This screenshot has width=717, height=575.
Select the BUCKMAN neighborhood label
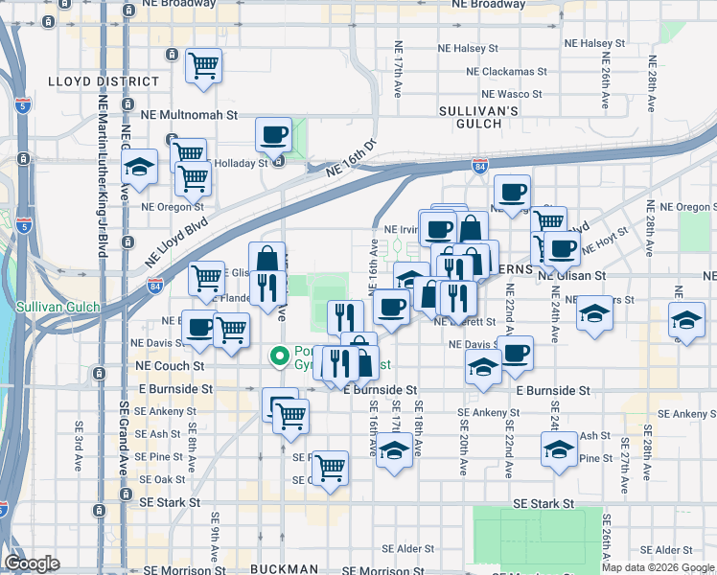284,568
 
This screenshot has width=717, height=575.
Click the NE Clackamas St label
505,72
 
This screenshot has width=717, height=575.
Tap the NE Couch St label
171,366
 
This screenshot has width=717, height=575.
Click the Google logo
31,563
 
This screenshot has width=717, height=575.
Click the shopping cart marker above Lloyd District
203,65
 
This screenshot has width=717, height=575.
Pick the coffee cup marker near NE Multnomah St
274,133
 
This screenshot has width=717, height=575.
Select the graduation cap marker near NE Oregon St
140,168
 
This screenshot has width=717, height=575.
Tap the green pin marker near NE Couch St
280,356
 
